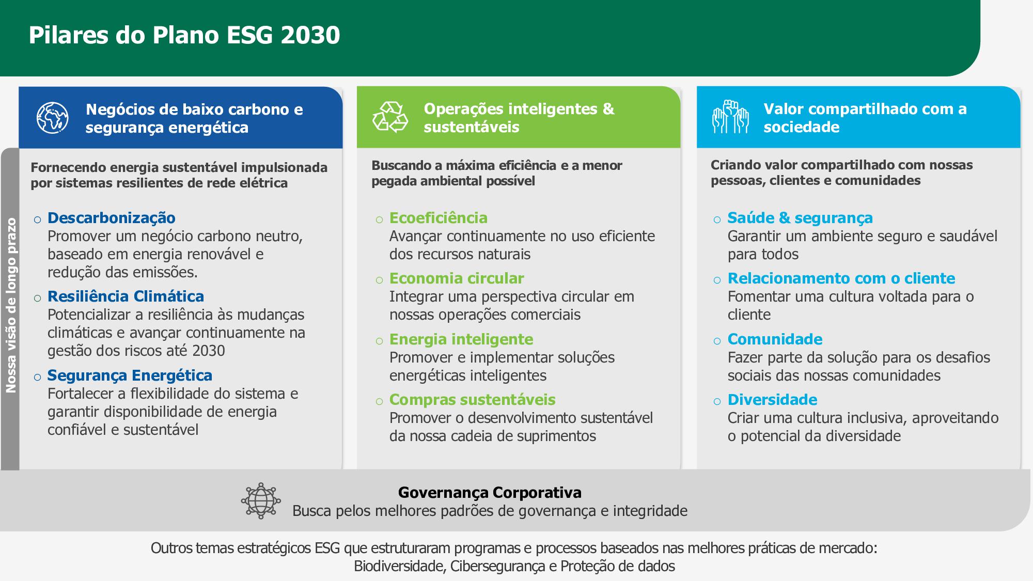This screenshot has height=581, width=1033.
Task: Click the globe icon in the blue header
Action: coord(53,118)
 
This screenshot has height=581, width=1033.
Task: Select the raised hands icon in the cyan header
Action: coord(730,117)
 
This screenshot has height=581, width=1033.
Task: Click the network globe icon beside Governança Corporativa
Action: coord(261,501)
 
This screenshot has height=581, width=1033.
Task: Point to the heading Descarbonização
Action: coord(112,218)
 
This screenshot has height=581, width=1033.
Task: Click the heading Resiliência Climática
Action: coord(126,296)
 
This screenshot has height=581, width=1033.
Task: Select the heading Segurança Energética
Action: coord(130,375)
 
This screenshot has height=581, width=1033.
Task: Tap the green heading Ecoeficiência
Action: coord(439,218)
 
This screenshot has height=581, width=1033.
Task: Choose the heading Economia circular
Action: coord(457,278)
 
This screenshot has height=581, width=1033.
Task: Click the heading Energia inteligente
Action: coord(461,339)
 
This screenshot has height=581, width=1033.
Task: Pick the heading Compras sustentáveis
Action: coord(473,400)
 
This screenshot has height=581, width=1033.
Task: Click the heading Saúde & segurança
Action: coord(800,218)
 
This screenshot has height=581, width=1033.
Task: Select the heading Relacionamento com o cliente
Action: coord(841,278)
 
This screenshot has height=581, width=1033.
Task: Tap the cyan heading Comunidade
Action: coord(775,339)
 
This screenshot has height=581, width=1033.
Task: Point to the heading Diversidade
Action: coord(772,400)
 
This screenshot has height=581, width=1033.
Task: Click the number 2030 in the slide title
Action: coord(311,35)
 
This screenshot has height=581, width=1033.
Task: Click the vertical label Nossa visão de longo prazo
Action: coord(11,305)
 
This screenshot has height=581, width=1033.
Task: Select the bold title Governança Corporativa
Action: coord(490,493)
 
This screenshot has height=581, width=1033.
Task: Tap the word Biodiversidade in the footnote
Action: coord(399,567)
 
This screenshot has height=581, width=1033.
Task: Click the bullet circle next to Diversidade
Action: coord(717,401)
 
